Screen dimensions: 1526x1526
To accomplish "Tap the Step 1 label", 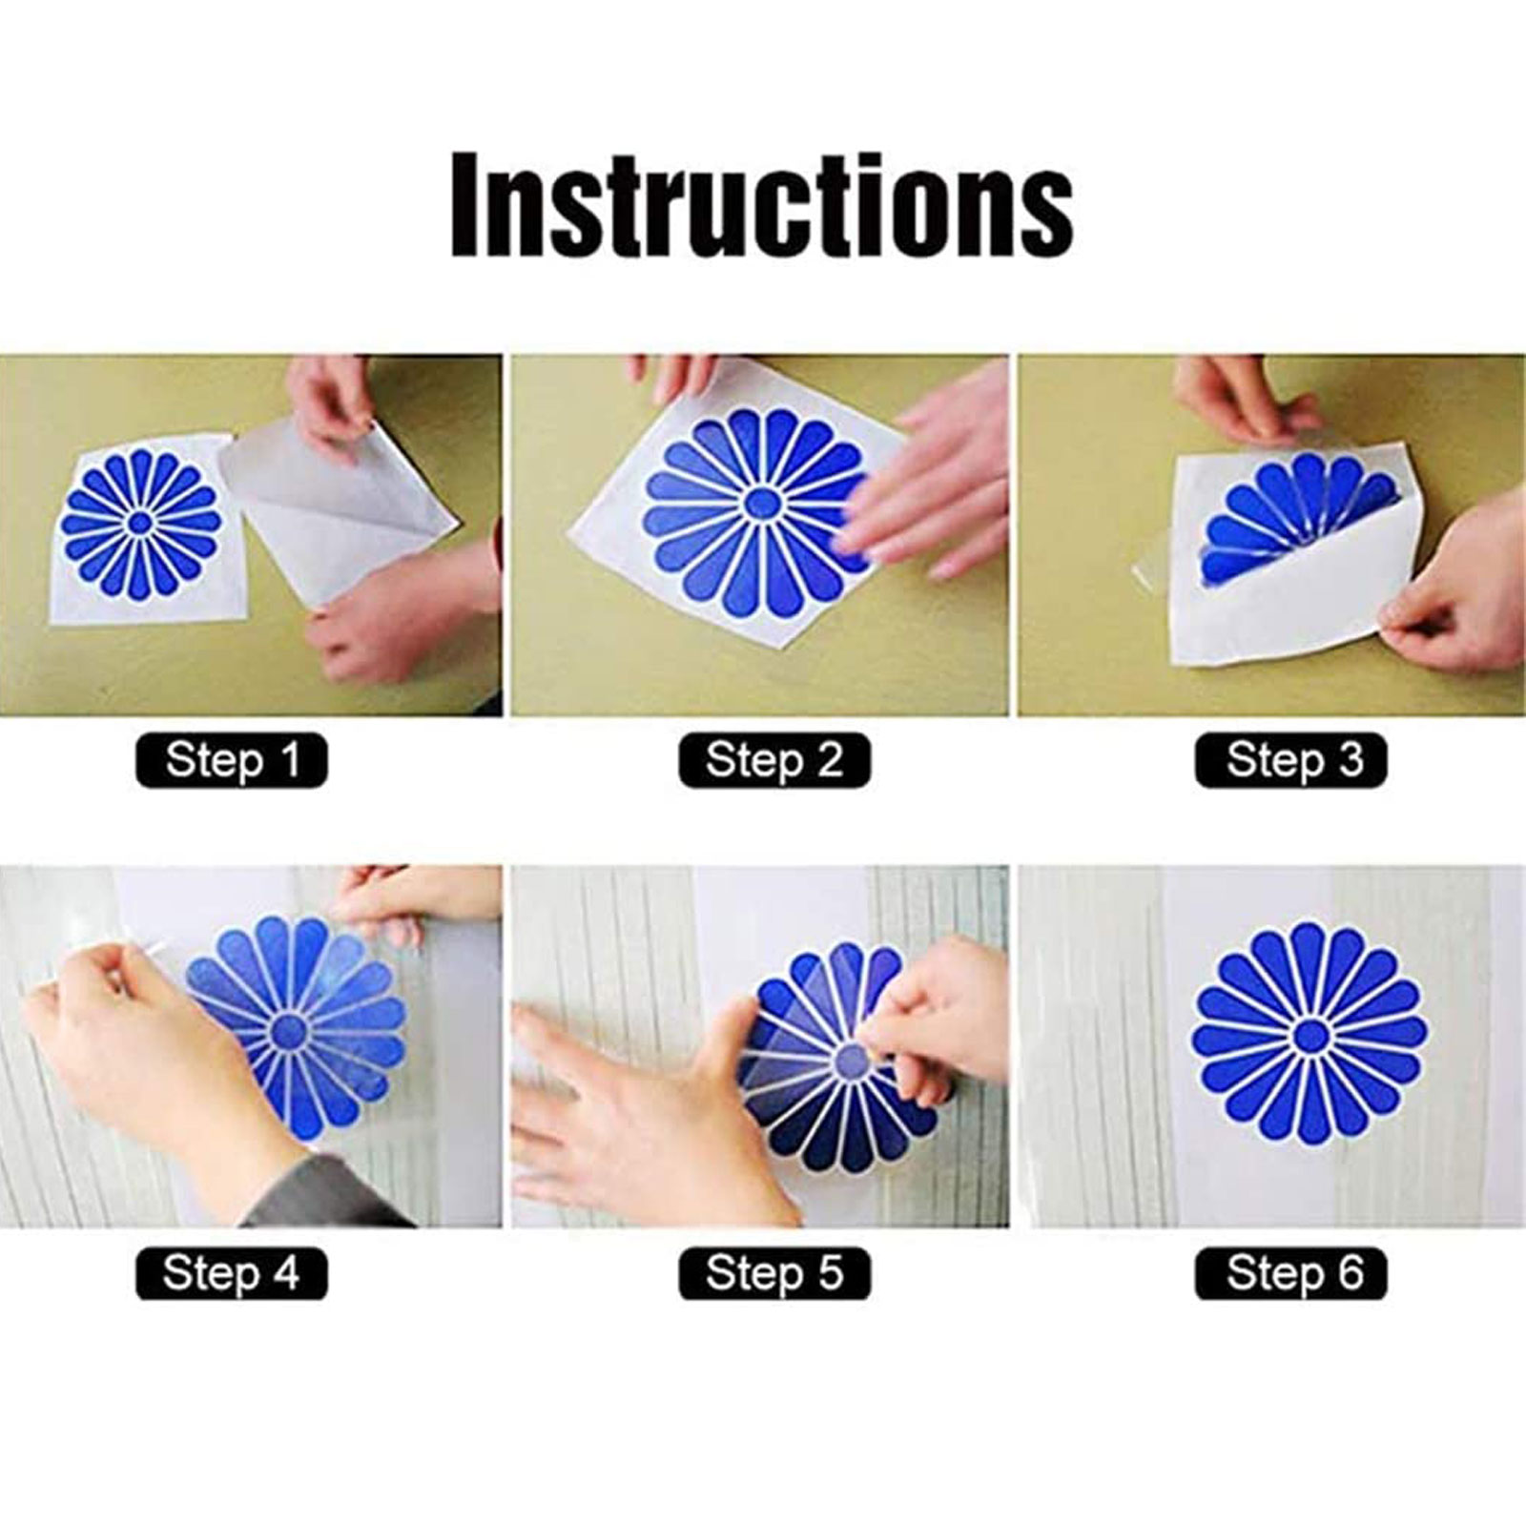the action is [x=232, y=760].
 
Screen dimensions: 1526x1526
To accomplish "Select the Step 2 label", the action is [x=774, y=760].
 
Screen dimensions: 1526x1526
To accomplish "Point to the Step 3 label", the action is [x=1291, y=760].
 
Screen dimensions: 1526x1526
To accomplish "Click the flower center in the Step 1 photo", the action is [x=140, y=521].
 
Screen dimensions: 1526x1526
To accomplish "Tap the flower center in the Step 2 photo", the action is [x=759, y=502].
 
